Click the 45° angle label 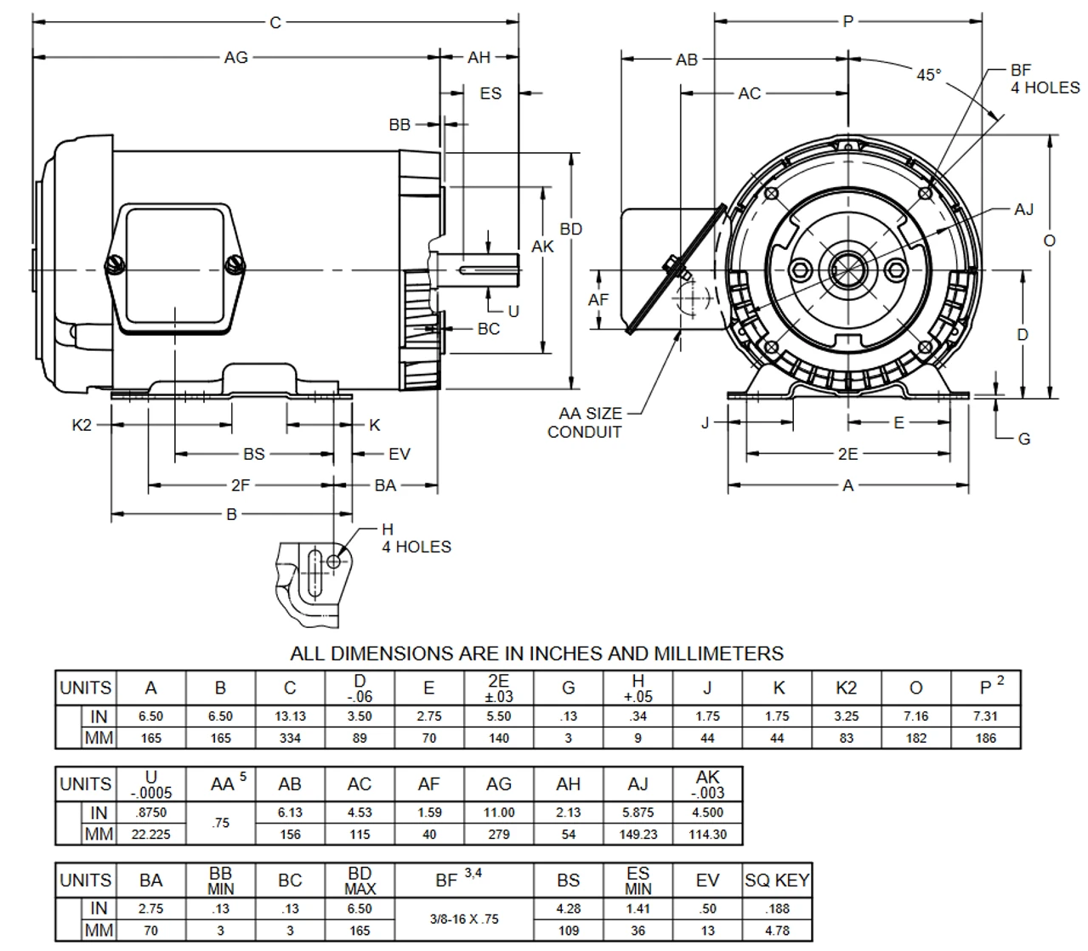[x=928, y=75]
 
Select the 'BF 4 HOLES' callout [x=1045, y=79]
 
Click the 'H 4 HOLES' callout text [x=416, y=539]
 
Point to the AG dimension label [x=235, y=57]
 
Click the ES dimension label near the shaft [x=490, y=93]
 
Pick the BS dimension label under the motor [x=253, y=454]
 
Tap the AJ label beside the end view [x=1023, y=209]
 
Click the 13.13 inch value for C [x=290, y=716]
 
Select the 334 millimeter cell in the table [x=290, y=739]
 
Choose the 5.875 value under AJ [x=637, y=812]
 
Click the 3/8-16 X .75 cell [x=464, y=920]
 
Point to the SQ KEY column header [x=777, y=880]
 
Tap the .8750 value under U [x=150, y=812]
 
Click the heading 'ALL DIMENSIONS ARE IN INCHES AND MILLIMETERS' [x=536, y=654]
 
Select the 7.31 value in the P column [x=985, y=716]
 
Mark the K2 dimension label [x=81, y=425]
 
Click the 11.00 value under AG [x=499, y=812]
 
